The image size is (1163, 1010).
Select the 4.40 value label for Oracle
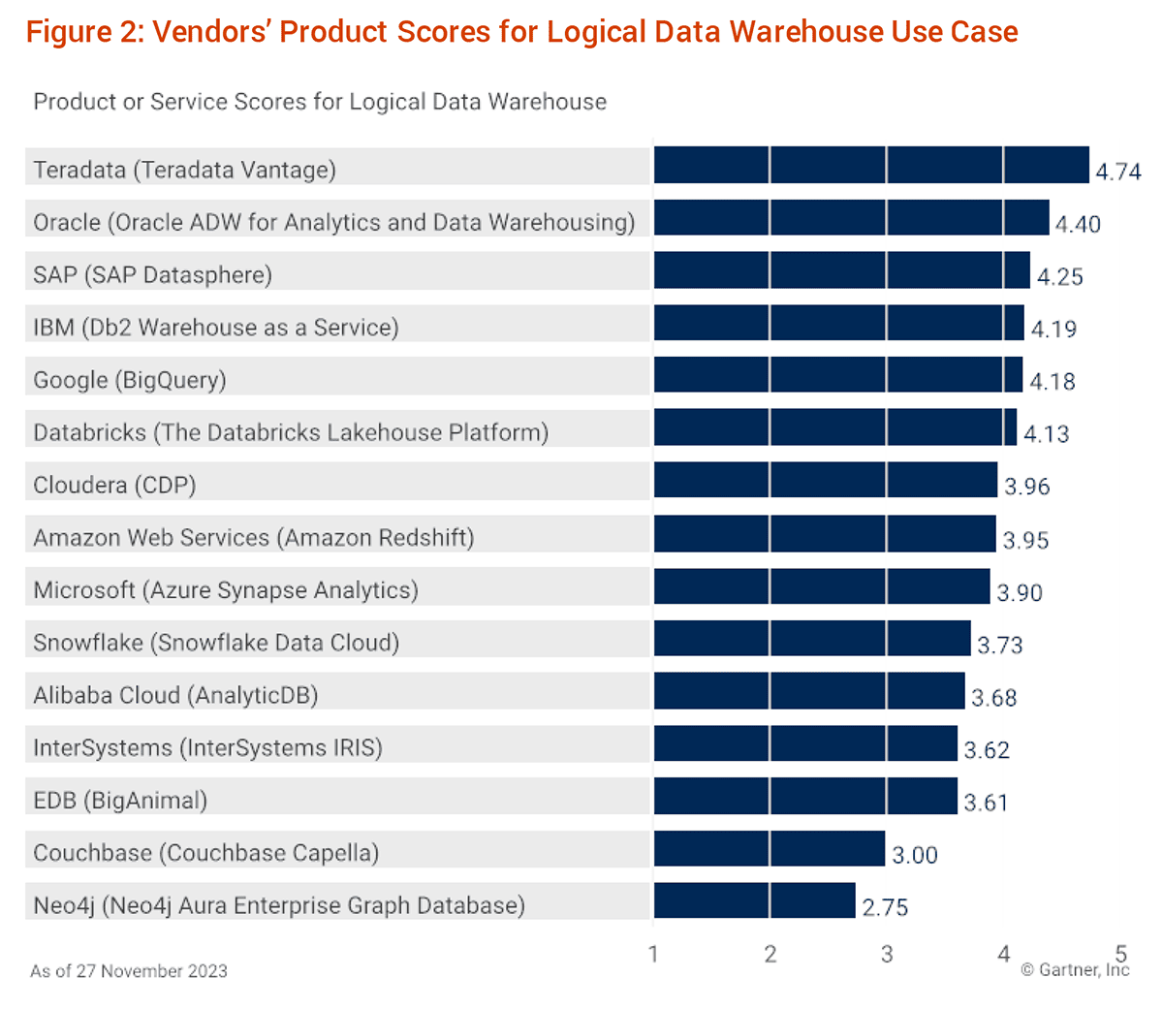pyautogui.click(x=1078, y=224)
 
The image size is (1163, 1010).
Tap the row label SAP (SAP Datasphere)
pyautogui.click(x=152, y=275)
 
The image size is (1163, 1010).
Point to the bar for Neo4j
pyautogui.click(x=754, y=900)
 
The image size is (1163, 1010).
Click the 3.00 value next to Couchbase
pyautogui.click(x=915, y=855)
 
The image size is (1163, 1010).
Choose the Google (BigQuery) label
pyautogui.click(x=130, y=380)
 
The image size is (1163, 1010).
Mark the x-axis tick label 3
pyautogui.click(x=887, y=955)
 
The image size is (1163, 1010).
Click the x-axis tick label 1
pyautogui.click(x=653, y=955)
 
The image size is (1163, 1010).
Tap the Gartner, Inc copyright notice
pyautogui.click(x=1075, y=970)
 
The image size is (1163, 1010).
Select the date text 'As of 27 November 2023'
pyautogui.click(x=129, y=971)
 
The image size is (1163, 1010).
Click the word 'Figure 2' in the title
pyautogui.click(x=83, y=32)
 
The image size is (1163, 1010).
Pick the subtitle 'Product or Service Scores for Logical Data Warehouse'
pyautogui.click(x=320, y=102)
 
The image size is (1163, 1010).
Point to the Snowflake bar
pyautogui.click(x=811, y=639)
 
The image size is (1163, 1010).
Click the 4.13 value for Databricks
pyautogui.click(x=1047, y=434)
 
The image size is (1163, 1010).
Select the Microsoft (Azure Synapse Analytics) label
pyautogui.click(x=226, y=590)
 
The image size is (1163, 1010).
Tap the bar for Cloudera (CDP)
pyautogui.click(x=825, y=481)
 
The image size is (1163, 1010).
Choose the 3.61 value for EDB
pyautogui.click(x=986, y=803)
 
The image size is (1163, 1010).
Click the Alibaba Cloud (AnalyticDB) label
pyautogui.click(x=175, y=696)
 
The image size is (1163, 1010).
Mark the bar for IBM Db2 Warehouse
pyautogui.click(x=838, y=323)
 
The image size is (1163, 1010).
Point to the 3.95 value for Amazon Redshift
pyautogui.click(x=1025, y=540)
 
